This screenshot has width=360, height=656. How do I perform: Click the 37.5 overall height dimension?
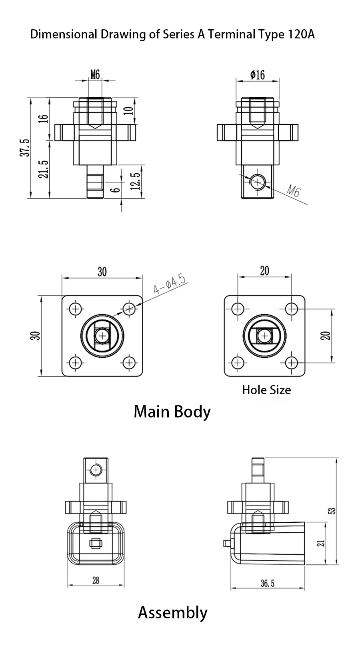(x=25, y=148)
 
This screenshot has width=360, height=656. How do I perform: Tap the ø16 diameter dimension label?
(x=258, y=74)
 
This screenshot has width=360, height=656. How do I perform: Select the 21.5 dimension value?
(x=44, y=169)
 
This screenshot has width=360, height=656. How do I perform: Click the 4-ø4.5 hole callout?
(x=170, y=285)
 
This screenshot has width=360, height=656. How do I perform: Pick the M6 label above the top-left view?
(x=95, y=74)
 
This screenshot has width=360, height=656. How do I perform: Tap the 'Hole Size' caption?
(x=266, y=390)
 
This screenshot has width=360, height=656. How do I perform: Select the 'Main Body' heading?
(x=172, y=411)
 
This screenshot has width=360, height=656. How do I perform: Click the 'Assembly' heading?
(x=172, y=612)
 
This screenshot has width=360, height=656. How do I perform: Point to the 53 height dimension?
(x=332, y=511)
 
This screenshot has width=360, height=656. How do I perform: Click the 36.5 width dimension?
(x=268, y=583)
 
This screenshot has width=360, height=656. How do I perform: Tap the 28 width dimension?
(x=96, y=580)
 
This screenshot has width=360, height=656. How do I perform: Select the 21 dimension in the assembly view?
(x=321, y=543)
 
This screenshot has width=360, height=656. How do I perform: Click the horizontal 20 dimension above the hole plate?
(x=264, y=271)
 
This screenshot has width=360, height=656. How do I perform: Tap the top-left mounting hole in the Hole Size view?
(x=238, y=309)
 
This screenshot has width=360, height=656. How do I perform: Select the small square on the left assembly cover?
(x=95, y=544)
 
